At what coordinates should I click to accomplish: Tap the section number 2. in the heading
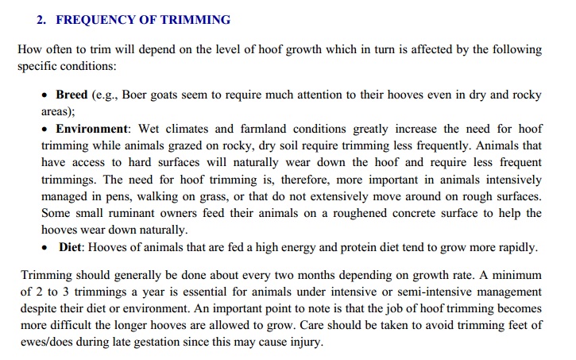coord(42,20)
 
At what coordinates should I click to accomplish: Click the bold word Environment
coord(91,128)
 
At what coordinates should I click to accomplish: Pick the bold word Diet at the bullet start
coord(72,247)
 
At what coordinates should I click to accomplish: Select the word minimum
coord(515,276)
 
